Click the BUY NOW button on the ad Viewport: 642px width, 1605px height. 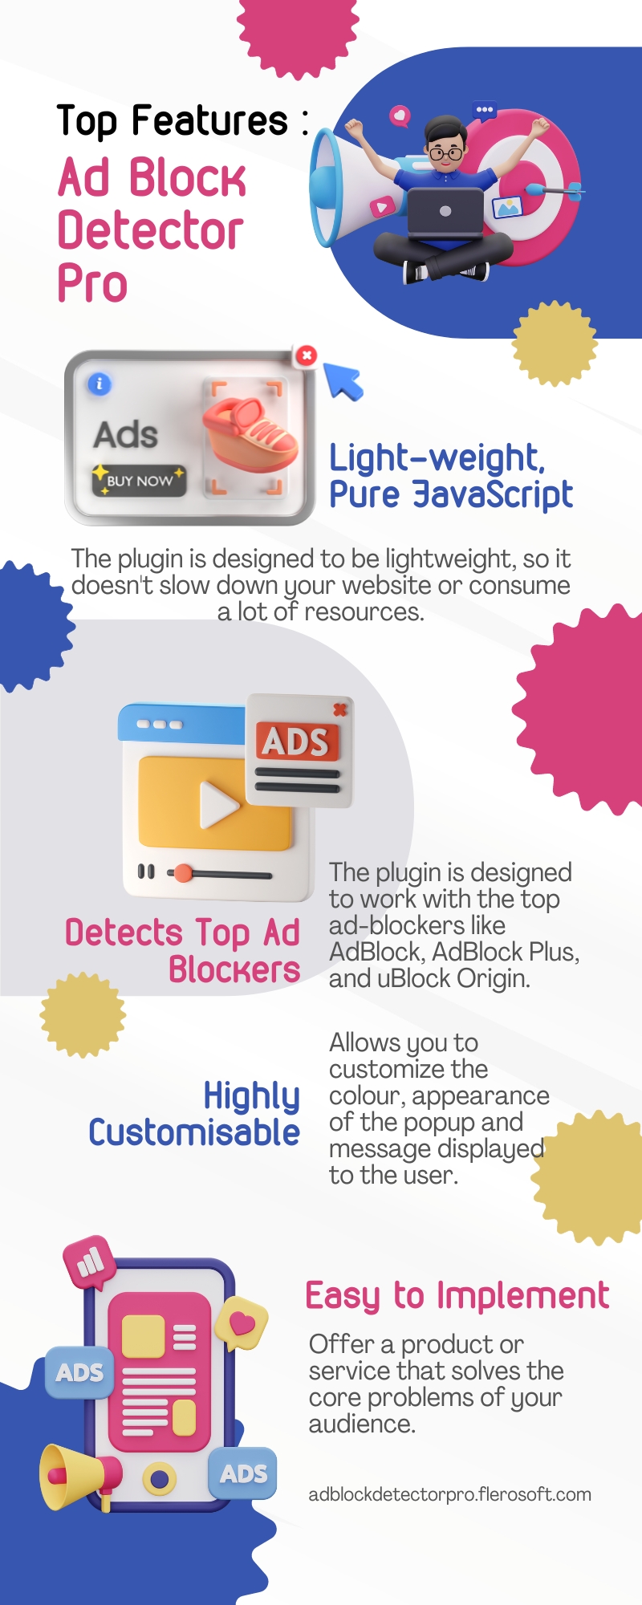[x=139, y=480]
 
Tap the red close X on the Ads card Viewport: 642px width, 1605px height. [x=306, y=355]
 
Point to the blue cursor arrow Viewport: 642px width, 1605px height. [x=343, y=380]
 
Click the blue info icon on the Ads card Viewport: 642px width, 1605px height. [x=100, y=384]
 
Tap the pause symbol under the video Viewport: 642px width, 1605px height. [x=146, y=872]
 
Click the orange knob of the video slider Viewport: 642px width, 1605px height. [x=184, y=873]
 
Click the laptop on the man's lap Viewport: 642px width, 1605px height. [x=445, y=212]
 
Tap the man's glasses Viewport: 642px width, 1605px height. [x=445, y=152]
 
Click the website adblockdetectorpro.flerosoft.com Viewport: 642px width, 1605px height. [x=449, y=1494]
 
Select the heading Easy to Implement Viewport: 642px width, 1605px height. [x=457, y=1297]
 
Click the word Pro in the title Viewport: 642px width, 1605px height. [x=92, y=284]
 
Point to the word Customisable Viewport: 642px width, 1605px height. [x=194, y=1132]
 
